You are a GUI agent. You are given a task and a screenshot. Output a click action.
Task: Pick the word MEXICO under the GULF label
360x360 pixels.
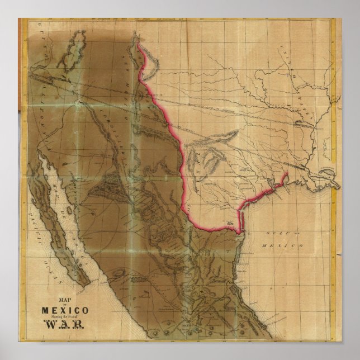[x=287, y=245]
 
